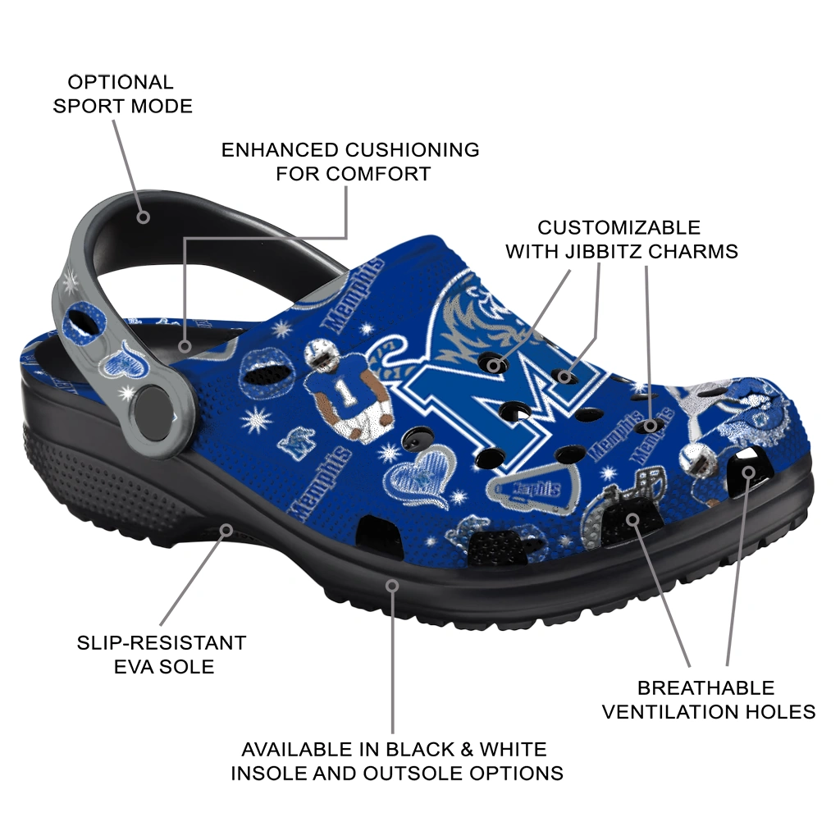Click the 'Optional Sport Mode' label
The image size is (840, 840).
point(121,94)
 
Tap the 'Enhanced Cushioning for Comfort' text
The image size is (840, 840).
point(351,162)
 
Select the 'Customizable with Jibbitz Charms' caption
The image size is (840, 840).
point(621,239)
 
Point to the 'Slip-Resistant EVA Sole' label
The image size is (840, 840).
point(162,654)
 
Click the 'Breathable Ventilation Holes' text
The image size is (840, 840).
point(709,699)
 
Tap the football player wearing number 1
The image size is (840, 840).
point(349,387)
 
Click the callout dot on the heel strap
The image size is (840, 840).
point(144,217)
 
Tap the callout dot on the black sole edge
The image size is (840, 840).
point(393,586)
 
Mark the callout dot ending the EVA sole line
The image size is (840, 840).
point(226,529)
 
